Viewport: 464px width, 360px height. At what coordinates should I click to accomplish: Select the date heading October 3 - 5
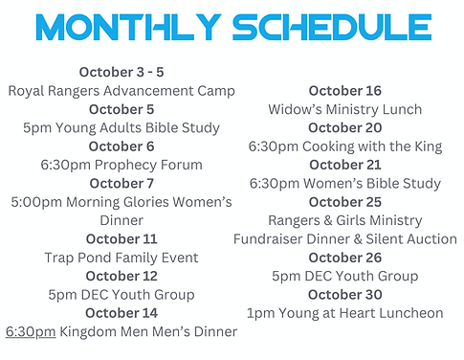121,73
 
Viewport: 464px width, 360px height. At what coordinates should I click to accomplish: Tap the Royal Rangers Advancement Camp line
121,91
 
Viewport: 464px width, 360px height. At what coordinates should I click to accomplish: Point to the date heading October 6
121,146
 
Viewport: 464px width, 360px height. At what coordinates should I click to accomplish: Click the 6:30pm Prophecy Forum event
121,165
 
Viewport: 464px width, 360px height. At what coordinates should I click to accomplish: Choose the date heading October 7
121,183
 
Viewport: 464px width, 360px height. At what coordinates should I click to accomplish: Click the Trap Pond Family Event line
121,258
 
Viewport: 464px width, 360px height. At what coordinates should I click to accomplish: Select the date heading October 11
121,238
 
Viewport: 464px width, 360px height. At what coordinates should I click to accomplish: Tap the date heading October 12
121,276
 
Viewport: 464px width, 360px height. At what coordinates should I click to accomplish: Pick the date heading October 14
121,313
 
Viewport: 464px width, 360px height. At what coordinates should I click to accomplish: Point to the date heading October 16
344,91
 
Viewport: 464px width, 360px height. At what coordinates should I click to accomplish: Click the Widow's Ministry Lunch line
344,109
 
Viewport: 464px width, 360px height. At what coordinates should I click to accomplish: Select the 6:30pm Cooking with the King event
344,146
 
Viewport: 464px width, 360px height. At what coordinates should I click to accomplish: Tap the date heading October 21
344,165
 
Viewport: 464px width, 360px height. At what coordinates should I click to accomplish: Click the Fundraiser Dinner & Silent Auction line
344,238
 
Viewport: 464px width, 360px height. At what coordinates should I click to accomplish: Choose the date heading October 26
344,258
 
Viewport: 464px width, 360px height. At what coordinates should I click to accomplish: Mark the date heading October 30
344,294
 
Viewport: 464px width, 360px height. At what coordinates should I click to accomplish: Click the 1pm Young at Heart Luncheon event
344,313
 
